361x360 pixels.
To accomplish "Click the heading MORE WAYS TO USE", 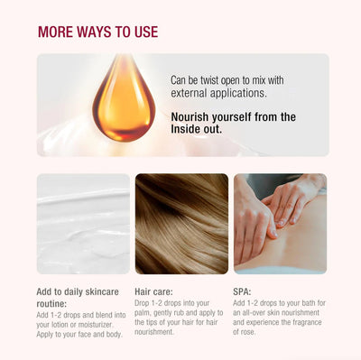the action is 97,32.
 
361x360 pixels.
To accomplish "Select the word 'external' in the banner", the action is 189,93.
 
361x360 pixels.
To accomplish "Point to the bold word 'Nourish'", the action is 190,117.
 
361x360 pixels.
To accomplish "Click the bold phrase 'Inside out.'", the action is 197,129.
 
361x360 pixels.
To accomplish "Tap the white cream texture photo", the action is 83,224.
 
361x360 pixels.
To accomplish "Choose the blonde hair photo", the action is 181,224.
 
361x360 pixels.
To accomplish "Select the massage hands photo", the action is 281,224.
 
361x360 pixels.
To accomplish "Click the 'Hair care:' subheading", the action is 153,291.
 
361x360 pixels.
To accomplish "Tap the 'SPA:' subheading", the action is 242,291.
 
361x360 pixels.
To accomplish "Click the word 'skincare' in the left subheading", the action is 102,291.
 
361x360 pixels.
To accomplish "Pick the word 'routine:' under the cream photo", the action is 51,303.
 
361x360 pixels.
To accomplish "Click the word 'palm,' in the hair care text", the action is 143,313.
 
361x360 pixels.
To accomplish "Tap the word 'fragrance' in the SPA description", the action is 307,322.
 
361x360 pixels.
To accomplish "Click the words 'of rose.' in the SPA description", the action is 244,332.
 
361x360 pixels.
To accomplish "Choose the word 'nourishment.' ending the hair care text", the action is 154,332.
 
